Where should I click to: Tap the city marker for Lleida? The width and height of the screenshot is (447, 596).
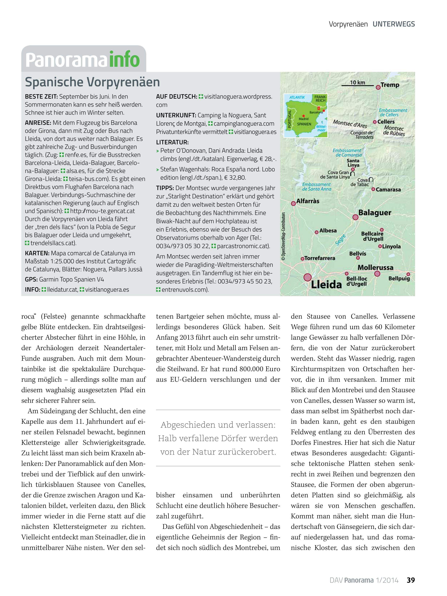tap(307, 277)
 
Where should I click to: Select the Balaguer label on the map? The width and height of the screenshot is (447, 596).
tap(375, 213)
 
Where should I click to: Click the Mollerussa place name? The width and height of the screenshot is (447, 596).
tap(375, 268)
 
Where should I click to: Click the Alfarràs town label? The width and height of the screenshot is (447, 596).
tap(308, 201)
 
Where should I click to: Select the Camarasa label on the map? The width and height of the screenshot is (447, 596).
tap(388, 190)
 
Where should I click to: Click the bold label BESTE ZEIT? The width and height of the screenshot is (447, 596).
tap(41, 96)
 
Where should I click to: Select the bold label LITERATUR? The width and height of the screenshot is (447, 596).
tap(172, 142)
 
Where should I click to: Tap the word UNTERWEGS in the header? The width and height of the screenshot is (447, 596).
tap(394, 24)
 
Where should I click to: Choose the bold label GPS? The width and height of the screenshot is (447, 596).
tap(31, 279)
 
